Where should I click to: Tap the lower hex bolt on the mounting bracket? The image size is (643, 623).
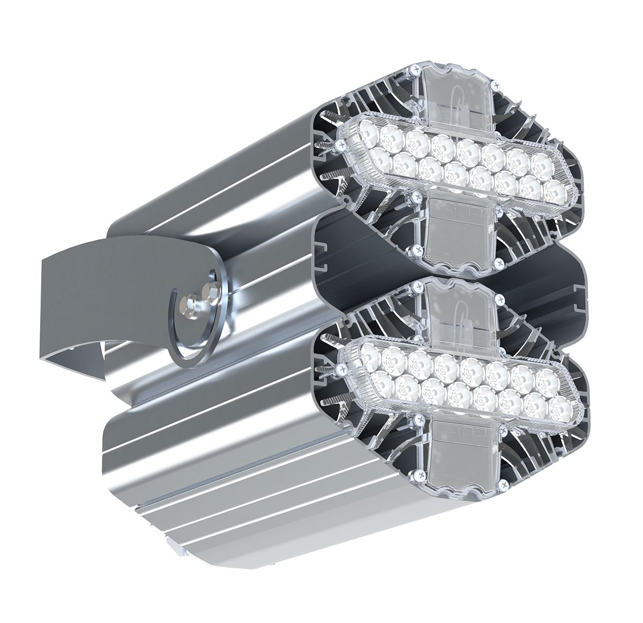190,306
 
